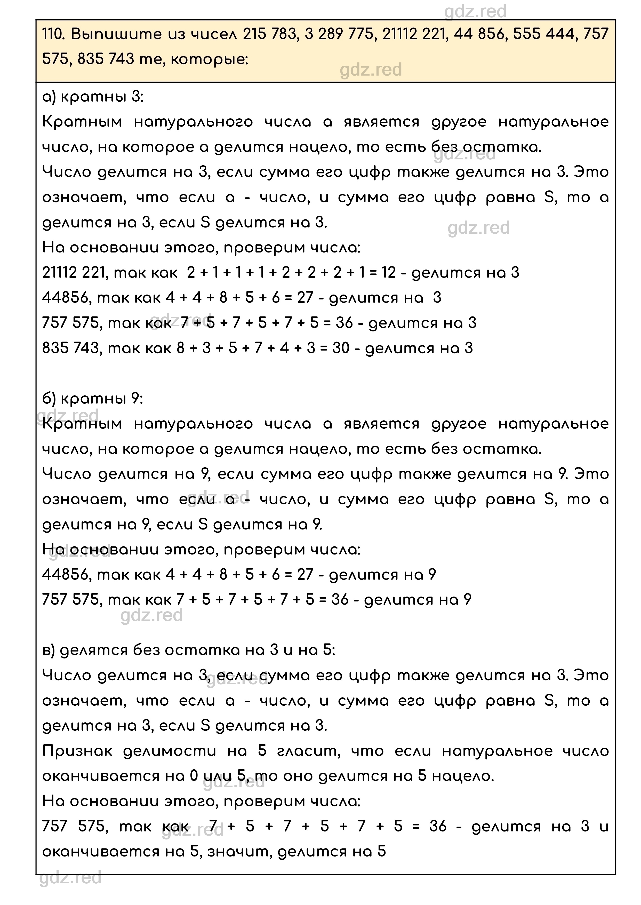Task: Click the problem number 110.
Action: [53, 34]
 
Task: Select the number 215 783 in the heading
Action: [269, 34]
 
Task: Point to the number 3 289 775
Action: [339, 34]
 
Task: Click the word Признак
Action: [77, 751]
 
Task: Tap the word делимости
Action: [170, 751]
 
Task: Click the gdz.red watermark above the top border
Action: [475, 12]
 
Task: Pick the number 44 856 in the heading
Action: [479, 34]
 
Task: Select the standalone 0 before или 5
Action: [193, 776]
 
